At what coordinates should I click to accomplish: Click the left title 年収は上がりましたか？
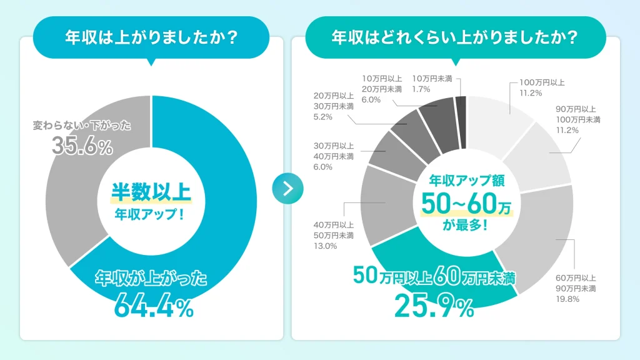pyautogui.click(x=151, y=37)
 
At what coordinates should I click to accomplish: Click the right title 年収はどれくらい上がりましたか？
pyautogui.click(x=454, y=37)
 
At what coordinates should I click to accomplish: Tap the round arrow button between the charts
pyautogui.click(x=288, y=188)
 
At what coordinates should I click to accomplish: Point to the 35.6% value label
pyautogui.click(x=82, y=146)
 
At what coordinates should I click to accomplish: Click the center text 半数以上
pyautogui.click(x=151, y=191)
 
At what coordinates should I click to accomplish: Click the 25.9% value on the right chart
pyautogui.click(x=434, y=306)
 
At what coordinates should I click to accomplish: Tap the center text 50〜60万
pyautogui.click(x=466, y=203)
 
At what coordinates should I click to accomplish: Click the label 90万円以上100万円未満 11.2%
pyautogui.click(x=578, y=119)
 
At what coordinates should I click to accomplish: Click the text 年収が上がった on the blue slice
pyautogui.click(x=151, y=279)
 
